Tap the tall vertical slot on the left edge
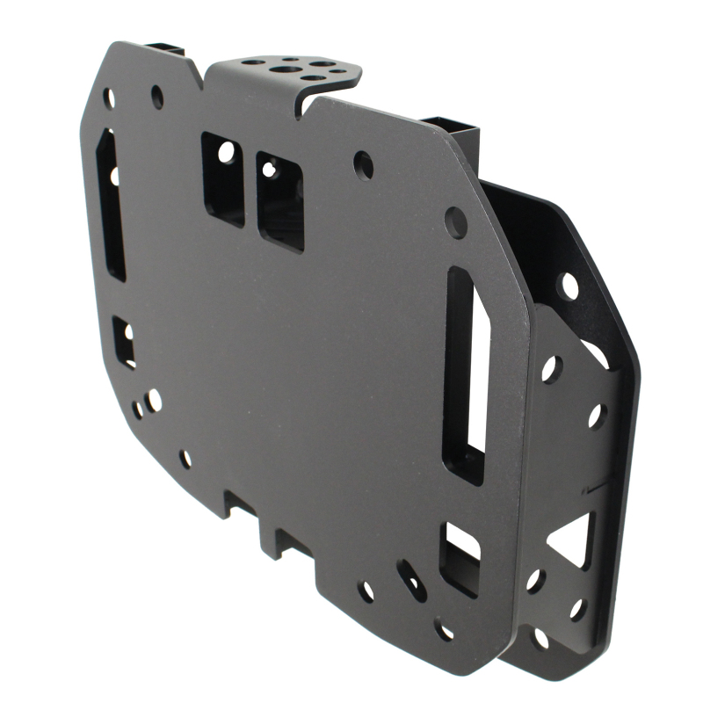111,205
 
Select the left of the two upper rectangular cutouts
223,178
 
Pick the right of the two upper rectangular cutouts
280,201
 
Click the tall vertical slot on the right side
466,373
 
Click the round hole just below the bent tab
363,164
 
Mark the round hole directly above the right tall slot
456,221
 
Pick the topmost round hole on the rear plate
569,286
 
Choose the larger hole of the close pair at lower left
154,401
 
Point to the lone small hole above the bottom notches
185,459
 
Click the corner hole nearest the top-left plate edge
109,98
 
